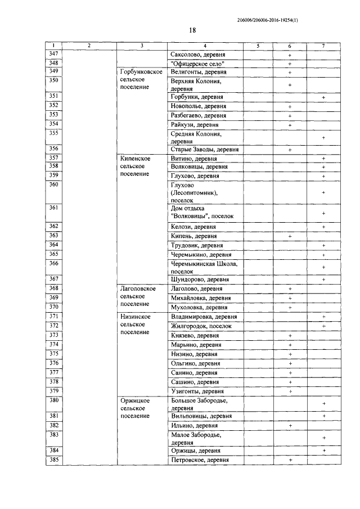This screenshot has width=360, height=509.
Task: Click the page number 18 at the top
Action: [x=192, y=30]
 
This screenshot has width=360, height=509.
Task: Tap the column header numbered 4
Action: [x=205, y=46]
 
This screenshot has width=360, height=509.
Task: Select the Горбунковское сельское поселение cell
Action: [x=142, y=80]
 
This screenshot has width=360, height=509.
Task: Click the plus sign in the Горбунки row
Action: [x=323, y=98]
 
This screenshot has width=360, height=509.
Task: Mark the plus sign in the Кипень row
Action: [x=290, y=236]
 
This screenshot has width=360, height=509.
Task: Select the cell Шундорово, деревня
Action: [x=199, y=280]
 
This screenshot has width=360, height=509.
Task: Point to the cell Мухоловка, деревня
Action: [x=199, y=308]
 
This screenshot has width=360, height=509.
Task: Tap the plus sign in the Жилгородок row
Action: [x=323, y=326]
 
